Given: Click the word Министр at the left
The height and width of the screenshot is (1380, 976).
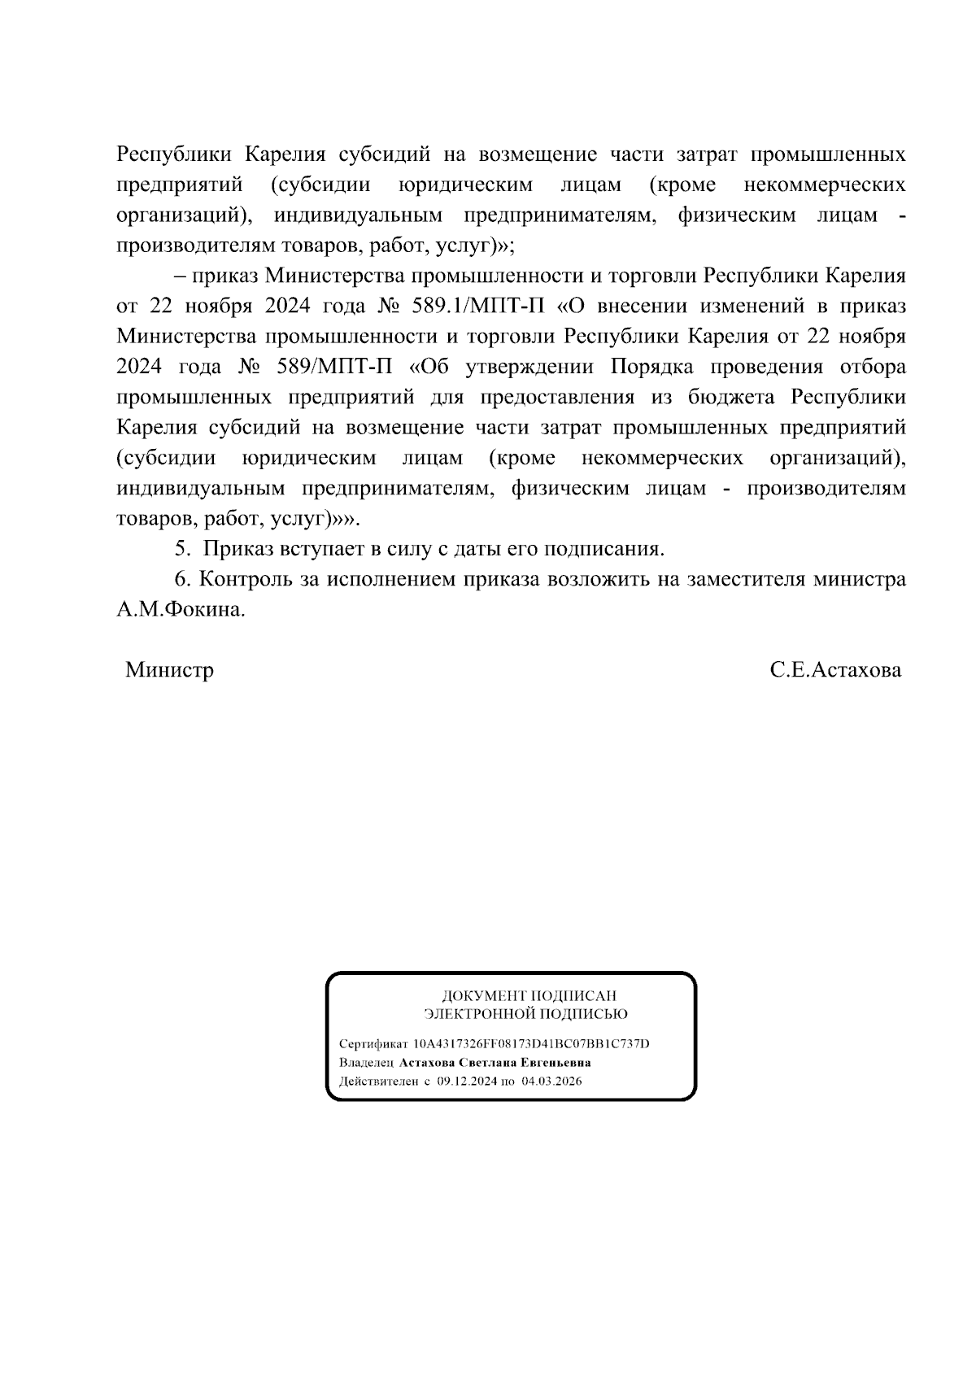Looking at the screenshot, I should coord(169,671).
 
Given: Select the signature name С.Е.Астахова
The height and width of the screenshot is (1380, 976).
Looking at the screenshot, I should coord(836,671).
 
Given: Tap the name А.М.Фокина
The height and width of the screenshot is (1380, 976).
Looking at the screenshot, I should coord(180,610).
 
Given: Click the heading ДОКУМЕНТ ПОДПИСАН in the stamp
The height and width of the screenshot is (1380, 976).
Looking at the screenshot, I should coord(529,995).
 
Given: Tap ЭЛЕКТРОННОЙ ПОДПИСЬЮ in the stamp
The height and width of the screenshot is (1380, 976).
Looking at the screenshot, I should coord(525,1014).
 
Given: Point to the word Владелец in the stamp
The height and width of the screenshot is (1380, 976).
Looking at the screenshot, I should coord(366,1063).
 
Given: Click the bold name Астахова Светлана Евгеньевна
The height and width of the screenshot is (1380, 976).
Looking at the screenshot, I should coord(495,1063).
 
